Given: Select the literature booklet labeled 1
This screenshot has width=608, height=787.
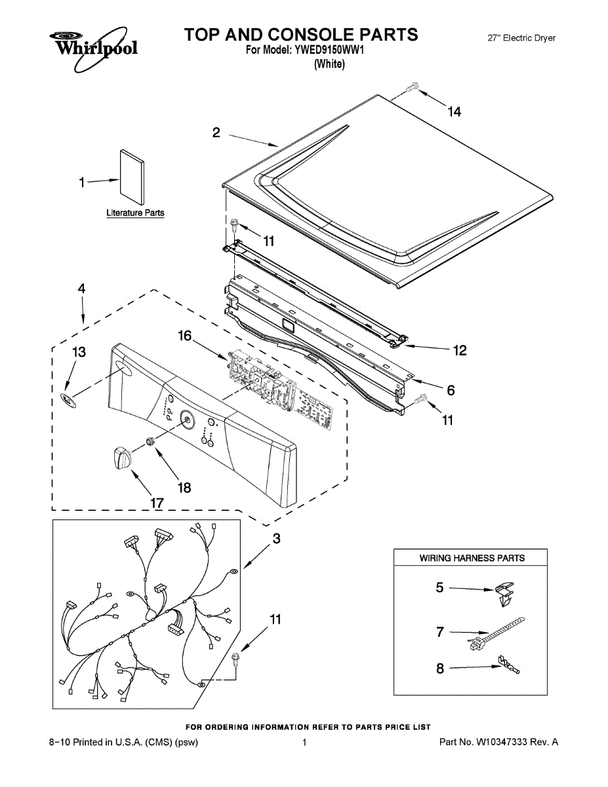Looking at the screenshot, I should [132, 176].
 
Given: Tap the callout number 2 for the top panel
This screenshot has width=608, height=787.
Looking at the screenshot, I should [216, 132].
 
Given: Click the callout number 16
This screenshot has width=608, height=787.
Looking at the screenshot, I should [185, 336].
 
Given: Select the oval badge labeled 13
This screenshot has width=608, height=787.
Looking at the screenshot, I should [69, 399].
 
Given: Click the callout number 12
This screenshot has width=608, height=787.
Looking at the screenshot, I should [460, 351].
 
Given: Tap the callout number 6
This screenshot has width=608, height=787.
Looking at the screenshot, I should [451, 390].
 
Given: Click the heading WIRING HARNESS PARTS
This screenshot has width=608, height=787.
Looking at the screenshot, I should [472, 558].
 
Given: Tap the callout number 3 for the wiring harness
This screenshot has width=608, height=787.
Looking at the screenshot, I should [276, 539].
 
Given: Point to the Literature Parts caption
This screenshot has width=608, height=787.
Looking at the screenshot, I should [135, 213].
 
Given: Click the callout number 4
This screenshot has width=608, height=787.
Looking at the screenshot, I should [82, 288].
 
